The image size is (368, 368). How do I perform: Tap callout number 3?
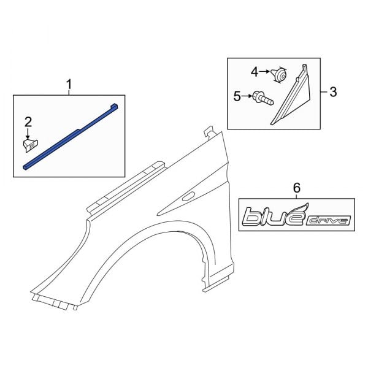(x=333, y=93)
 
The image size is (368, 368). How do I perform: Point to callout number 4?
(x=255, y=72)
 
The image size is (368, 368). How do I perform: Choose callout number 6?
(x=297, y=187)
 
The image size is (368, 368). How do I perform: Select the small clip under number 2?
(x=28, y=145)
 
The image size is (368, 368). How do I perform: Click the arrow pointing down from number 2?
(x=28, y=132)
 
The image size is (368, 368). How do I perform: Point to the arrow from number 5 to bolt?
(x=247, y=96)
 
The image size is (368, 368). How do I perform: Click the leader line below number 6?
(x=297, y=196)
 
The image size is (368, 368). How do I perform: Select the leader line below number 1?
(x=69, y=91)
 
